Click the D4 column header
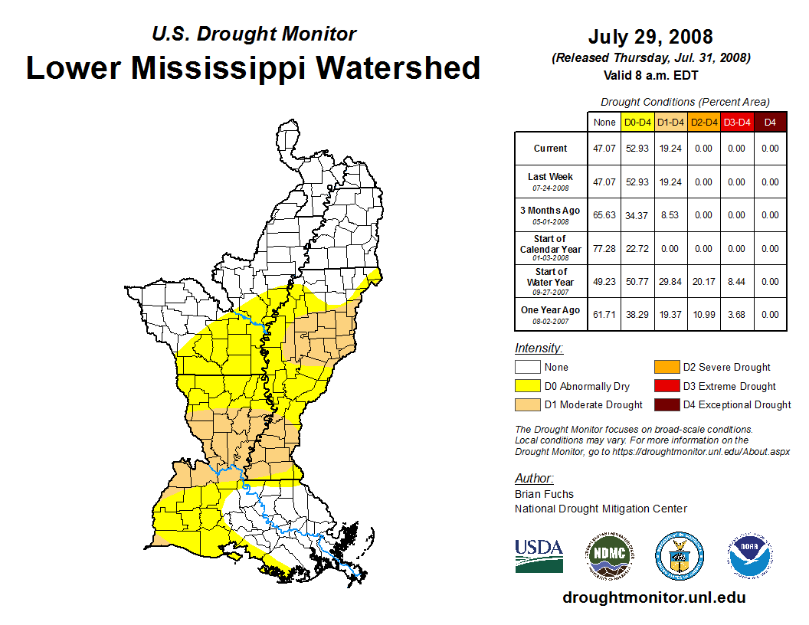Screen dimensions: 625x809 point(770,122)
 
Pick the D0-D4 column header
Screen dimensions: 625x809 point(637,122)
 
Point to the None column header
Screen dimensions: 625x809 point(604,122)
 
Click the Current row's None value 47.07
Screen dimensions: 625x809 point(604,149)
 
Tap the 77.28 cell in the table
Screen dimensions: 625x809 point(604,248)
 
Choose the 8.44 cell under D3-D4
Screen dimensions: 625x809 point(736,281)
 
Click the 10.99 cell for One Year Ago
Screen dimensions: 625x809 point(703,314)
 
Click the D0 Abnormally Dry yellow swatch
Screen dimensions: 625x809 point(528,386)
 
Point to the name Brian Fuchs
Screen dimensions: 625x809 point(544,494)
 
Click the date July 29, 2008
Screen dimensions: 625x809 point(650,37)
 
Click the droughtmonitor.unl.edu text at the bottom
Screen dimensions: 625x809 point(653,597)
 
